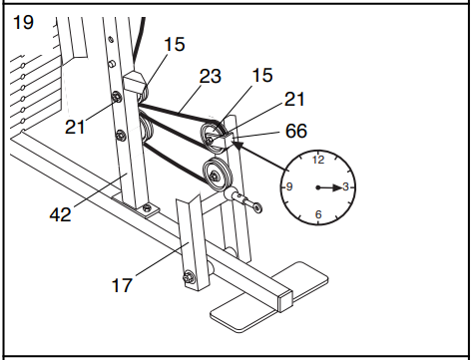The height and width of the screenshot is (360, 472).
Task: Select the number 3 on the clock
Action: (345, 187)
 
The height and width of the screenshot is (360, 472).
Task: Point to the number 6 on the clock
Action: (318, 214)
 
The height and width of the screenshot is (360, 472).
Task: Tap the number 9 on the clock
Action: (290, 187)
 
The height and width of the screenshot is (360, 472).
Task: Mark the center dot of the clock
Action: (318, 187)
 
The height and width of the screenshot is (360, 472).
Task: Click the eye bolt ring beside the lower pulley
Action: (257, 207)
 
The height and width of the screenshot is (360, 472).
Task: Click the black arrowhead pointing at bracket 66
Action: (242, 146)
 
